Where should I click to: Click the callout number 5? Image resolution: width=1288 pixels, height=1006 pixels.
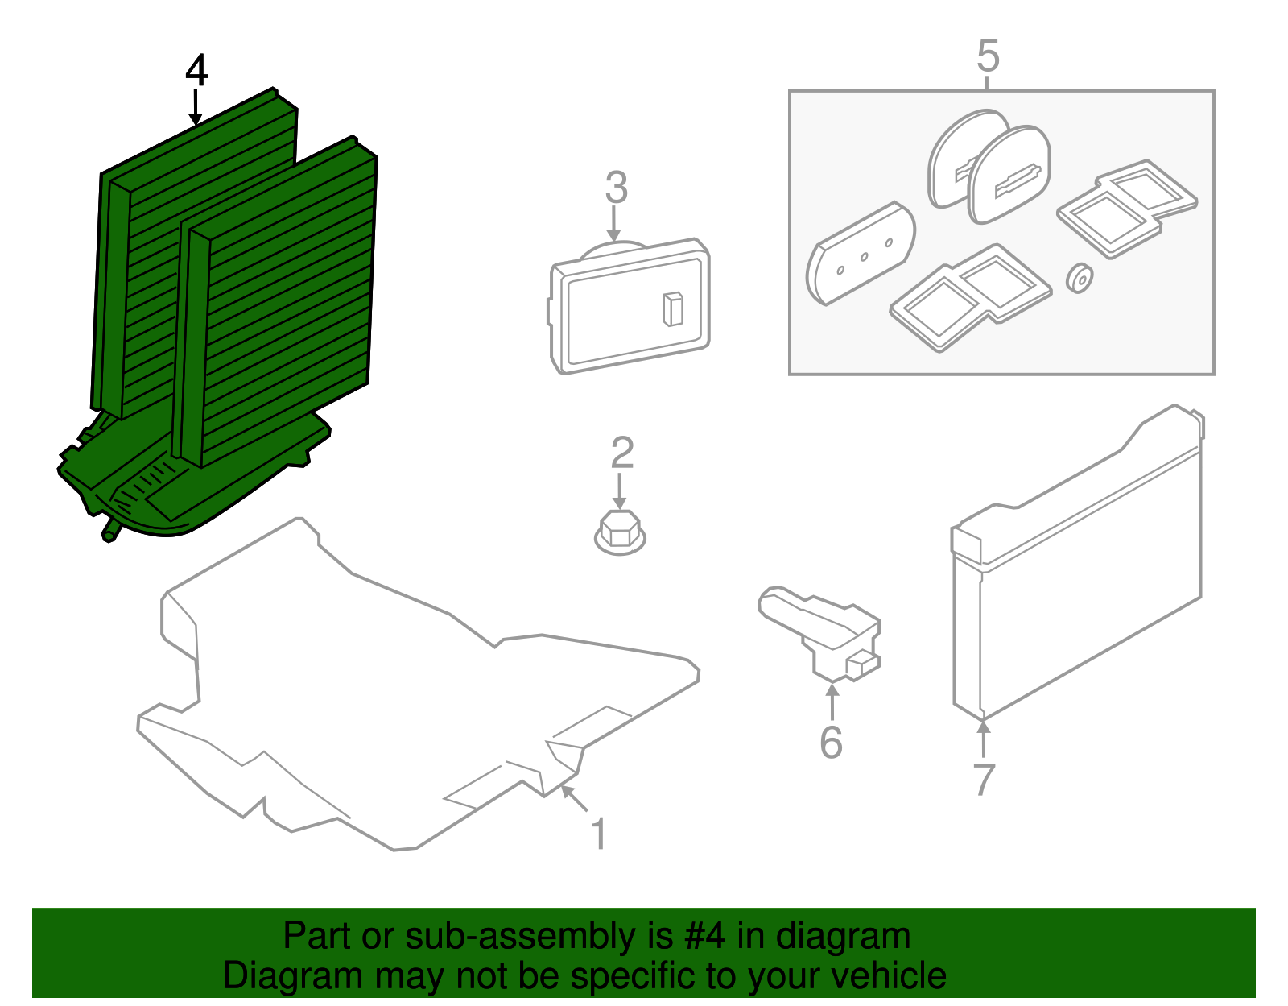[988, 56]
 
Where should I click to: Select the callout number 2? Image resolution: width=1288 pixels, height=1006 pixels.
[621, 453]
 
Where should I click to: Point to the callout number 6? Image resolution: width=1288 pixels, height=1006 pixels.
[831, 742]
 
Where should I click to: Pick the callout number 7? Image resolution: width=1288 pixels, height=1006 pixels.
[984, 779]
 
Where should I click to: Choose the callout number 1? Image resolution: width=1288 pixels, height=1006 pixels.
[598, 834]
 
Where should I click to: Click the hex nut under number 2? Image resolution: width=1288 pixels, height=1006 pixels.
[620, 532]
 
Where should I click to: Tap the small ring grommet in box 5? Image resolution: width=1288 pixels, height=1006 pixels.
[1079, 278]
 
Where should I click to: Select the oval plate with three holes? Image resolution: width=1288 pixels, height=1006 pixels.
[861, 253]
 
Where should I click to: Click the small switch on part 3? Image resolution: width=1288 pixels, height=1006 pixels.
[673, 309]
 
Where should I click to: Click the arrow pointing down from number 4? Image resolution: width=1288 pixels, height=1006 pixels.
[196, 107]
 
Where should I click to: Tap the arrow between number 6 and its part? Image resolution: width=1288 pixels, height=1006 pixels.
[832, 701]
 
